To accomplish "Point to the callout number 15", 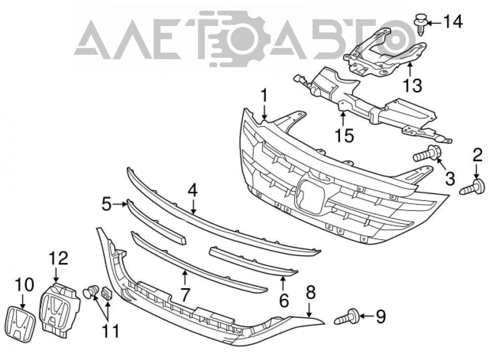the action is click(345, 135).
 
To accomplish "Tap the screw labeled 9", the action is click(346, 317).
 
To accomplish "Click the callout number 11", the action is click(111, 331).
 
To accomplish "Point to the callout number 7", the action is click(185, 294).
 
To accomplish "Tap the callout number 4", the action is click(192, 190).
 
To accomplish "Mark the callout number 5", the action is click(107, 205).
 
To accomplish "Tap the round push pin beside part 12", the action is click(90, 292).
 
